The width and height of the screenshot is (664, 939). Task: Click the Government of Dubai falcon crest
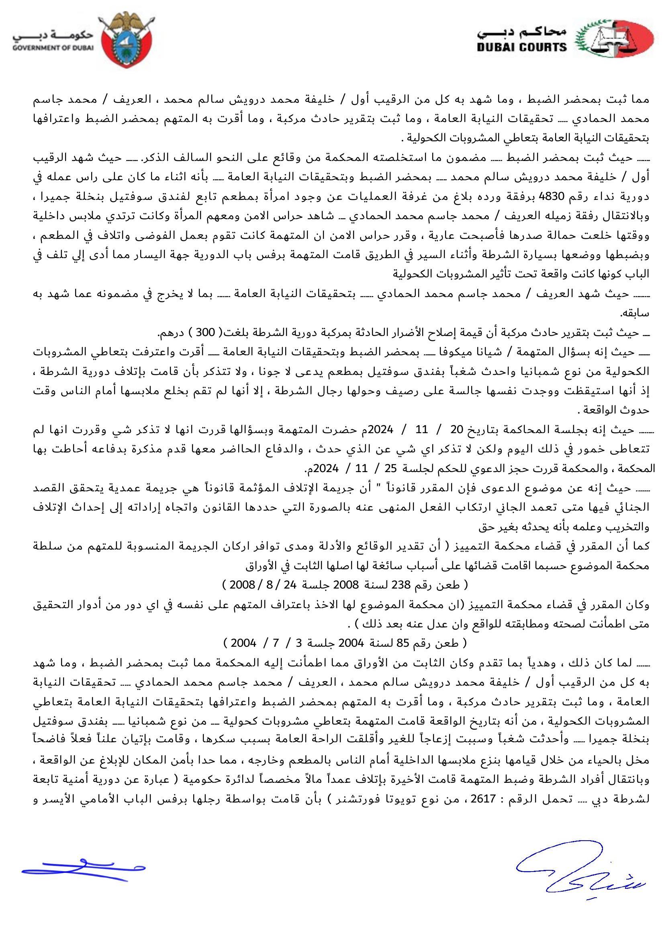(x=125, y=40)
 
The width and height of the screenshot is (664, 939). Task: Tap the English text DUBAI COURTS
(x=522, y=47)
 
